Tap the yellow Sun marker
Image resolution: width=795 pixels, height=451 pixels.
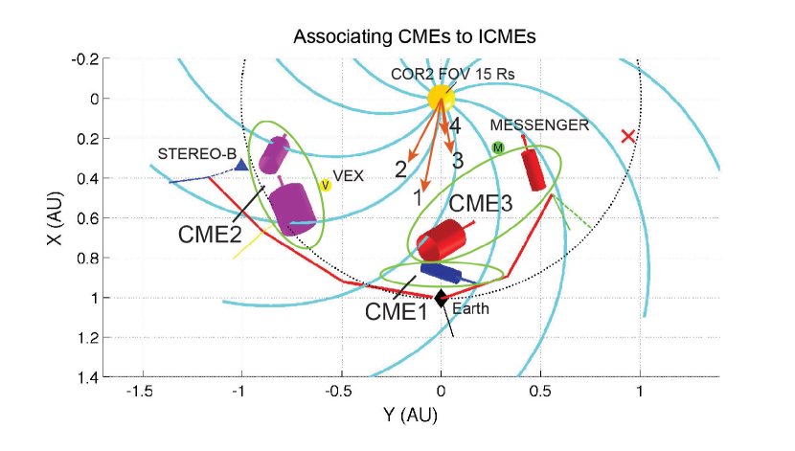[441, 97]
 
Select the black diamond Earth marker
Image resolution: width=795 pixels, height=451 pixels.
[441, 299]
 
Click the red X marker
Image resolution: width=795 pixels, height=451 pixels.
[628, 137]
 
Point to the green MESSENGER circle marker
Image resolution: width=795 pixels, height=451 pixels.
[498, 147]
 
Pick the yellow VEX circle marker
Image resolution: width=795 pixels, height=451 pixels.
[326, 185]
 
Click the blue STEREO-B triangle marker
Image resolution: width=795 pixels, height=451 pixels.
[241, 165]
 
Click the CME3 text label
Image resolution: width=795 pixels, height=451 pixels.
[482, 203]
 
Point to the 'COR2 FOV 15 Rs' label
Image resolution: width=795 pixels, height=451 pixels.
[442, 74]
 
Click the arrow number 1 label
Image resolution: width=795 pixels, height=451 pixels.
[417, 197]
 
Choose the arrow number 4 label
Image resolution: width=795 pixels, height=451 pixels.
[456, 125]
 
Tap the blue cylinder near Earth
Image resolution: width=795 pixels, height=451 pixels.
[441, 274]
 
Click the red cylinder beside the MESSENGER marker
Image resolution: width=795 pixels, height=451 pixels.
[533, 169]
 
